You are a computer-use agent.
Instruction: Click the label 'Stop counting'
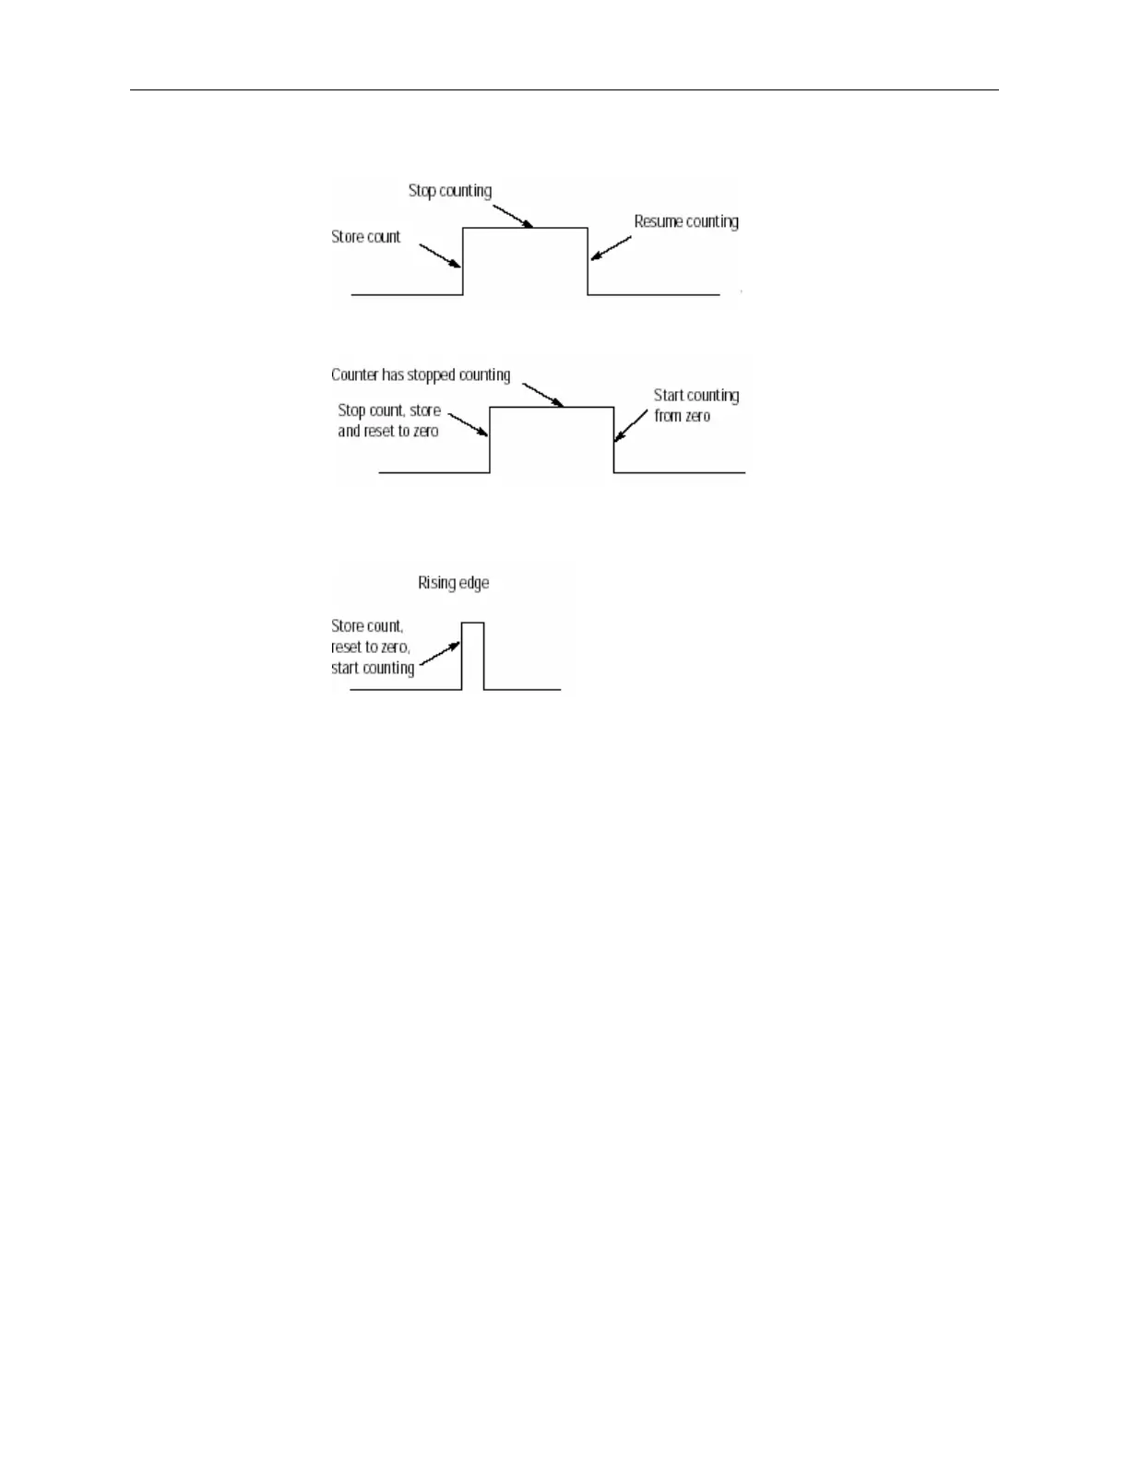tap(449, 191)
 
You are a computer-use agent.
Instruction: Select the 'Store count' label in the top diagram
tap(365, 237)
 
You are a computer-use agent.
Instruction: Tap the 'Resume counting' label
tap(686, 222)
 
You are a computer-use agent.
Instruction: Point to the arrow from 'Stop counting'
tap(506, 215)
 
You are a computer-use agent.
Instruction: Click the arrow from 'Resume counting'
tap(611, 248)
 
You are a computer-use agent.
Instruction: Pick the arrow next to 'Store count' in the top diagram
tap(440, 255)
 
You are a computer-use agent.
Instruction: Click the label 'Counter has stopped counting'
tap(421, 375)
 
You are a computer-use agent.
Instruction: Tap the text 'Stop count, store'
tap(389, 410)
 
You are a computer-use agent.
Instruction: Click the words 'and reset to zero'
tap(387, 432)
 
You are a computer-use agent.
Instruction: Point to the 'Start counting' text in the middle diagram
tap(696, 396)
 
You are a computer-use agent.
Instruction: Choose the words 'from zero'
tap(682, 417)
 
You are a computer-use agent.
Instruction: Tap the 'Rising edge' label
tap(453, 583)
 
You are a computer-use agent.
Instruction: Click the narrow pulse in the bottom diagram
tap(472, 655)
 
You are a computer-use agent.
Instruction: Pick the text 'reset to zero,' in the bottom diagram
tap(371, 647)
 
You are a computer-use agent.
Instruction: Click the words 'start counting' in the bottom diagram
tap(373, 669)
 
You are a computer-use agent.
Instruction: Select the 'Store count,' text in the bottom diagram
tap(367, 626)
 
